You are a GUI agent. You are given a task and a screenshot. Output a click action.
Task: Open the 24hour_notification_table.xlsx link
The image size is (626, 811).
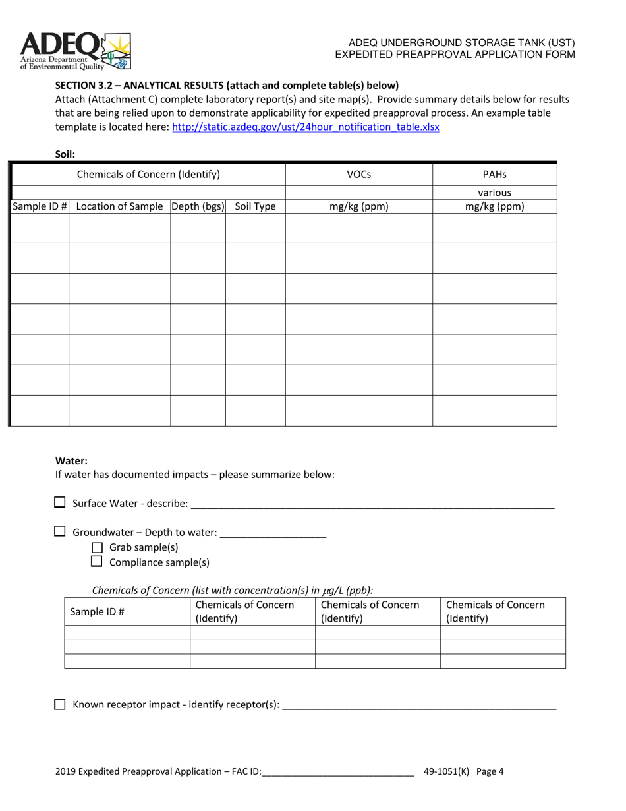tap(305, 127)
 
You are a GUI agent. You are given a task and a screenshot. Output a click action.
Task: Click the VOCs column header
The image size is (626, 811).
tap(358, 175)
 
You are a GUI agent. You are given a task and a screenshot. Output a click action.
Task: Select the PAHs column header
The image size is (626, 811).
tap(494, 175)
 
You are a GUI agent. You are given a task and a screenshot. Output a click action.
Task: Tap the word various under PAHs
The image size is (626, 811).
tap(494, 193)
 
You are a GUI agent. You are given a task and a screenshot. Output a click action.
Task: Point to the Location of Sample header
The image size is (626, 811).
tap(119, 206)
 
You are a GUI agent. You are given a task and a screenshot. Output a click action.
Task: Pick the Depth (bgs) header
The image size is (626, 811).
tap(198, 206)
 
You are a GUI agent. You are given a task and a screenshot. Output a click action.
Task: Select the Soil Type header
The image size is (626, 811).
tap(255, 206)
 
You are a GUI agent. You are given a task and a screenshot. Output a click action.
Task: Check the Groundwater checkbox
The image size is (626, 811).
tap(60, 532)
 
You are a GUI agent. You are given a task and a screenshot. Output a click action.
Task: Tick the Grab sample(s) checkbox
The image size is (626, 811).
tap(97, 547)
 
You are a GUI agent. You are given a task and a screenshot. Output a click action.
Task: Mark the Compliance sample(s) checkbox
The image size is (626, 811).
tap(97, 562)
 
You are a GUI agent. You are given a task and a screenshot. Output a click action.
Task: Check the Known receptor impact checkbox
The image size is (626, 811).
tap(60, 705)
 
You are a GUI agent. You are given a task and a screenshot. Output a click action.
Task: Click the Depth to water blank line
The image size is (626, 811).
tap(273, 534)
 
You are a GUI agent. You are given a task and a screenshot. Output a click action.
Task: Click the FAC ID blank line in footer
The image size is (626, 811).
tap(337, 772)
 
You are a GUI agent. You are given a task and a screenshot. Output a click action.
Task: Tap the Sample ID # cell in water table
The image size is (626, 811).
tap(98, 611)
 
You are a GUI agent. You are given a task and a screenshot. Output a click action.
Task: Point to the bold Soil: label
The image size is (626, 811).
tap(65, 155)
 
